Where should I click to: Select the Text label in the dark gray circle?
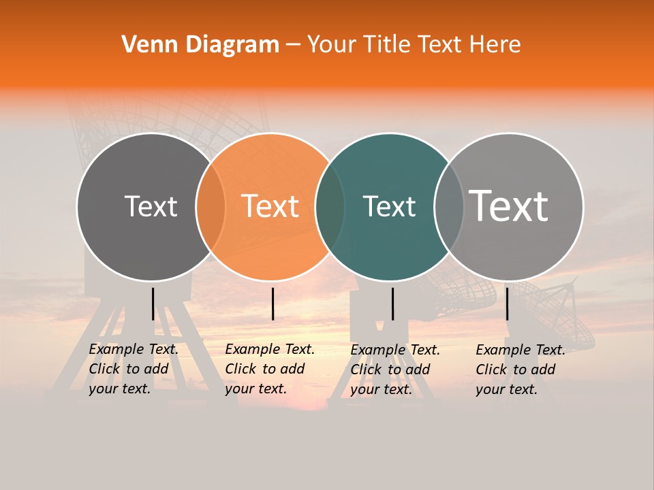pos(151,206)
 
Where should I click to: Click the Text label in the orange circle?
pos(270,206)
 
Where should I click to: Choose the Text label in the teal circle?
pos(389,206)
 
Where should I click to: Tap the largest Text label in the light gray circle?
pos(509,206)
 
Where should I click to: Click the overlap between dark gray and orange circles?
pos(211,207)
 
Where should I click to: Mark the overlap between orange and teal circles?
pos(330,207)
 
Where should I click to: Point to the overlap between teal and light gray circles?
pos(449,207)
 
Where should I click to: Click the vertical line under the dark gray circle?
pos(153,304)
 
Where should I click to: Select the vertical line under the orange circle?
pos(272,304)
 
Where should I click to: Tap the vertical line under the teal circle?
pos(392,304)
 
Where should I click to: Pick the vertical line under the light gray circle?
pos(507,304)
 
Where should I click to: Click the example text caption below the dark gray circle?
pos(134,369)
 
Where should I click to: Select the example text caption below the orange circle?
pos(270,369)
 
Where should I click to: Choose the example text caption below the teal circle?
pos(395,370)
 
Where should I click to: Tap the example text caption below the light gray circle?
pos(520,370)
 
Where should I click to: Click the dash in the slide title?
pos(292,45)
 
